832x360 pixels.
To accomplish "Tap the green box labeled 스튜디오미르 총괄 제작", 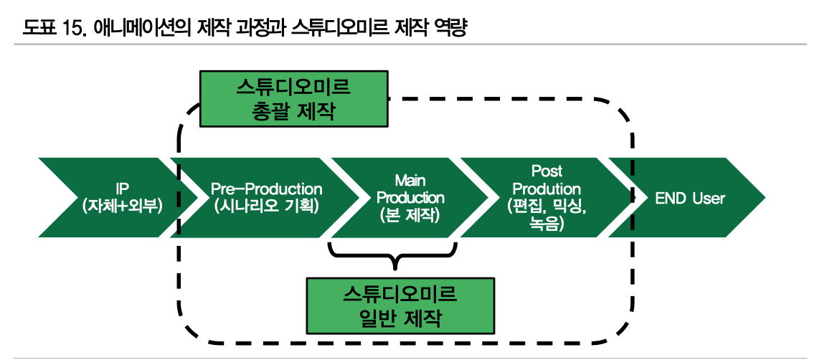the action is pos(294,99).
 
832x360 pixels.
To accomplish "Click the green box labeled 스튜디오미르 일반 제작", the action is pos(400,305).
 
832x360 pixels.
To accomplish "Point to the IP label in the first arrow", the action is pos(123,189).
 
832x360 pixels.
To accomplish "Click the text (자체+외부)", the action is pos(123,206).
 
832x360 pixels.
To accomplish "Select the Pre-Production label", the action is pos(267,189).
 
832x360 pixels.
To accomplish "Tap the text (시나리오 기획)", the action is pos(267,206).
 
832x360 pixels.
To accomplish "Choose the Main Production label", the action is pos(410,189).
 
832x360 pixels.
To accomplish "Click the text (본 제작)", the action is pos(410,215).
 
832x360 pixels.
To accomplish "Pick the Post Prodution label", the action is pos(547,180).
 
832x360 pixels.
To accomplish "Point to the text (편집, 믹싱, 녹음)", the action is pos(547,216).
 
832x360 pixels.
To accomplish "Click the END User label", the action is pos(690,198).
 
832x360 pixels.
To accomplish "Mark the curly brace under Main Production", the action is pos(393,255).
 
